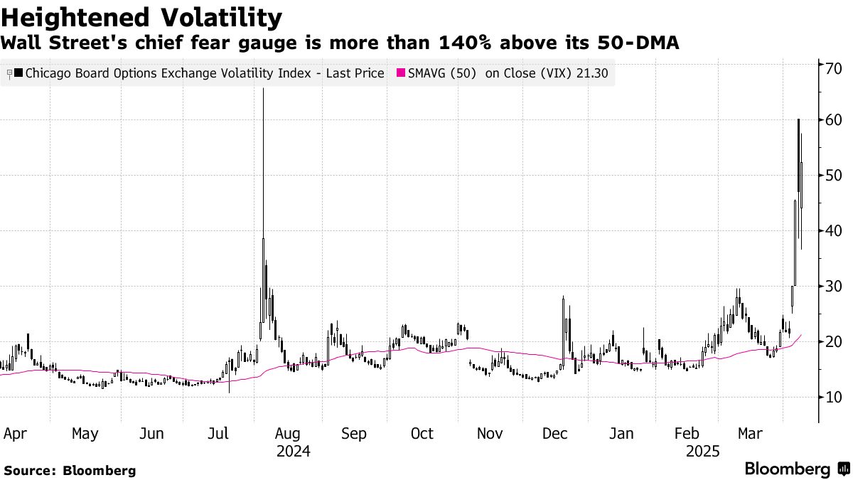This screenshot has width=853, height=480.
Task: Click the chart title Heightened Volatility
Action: tap(141, 17)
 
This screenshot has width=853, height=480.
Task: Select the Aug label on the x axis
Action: tap(288, 434)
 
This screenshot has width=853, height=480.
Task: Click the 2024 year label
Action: tap(294, 451)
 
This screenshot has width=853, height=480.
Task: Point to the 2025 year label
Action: tap(703, 451)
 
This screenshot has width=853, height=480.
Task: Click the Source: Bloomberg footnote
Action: tap(69, 470)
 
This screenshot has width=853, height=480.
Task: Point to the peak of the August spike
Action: tap(263, 90)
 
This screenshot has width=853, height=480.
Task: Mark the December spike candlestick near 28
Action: tap(563, 299)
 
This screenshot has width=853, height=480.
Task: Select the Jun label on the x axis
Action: tap(151, 434)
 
